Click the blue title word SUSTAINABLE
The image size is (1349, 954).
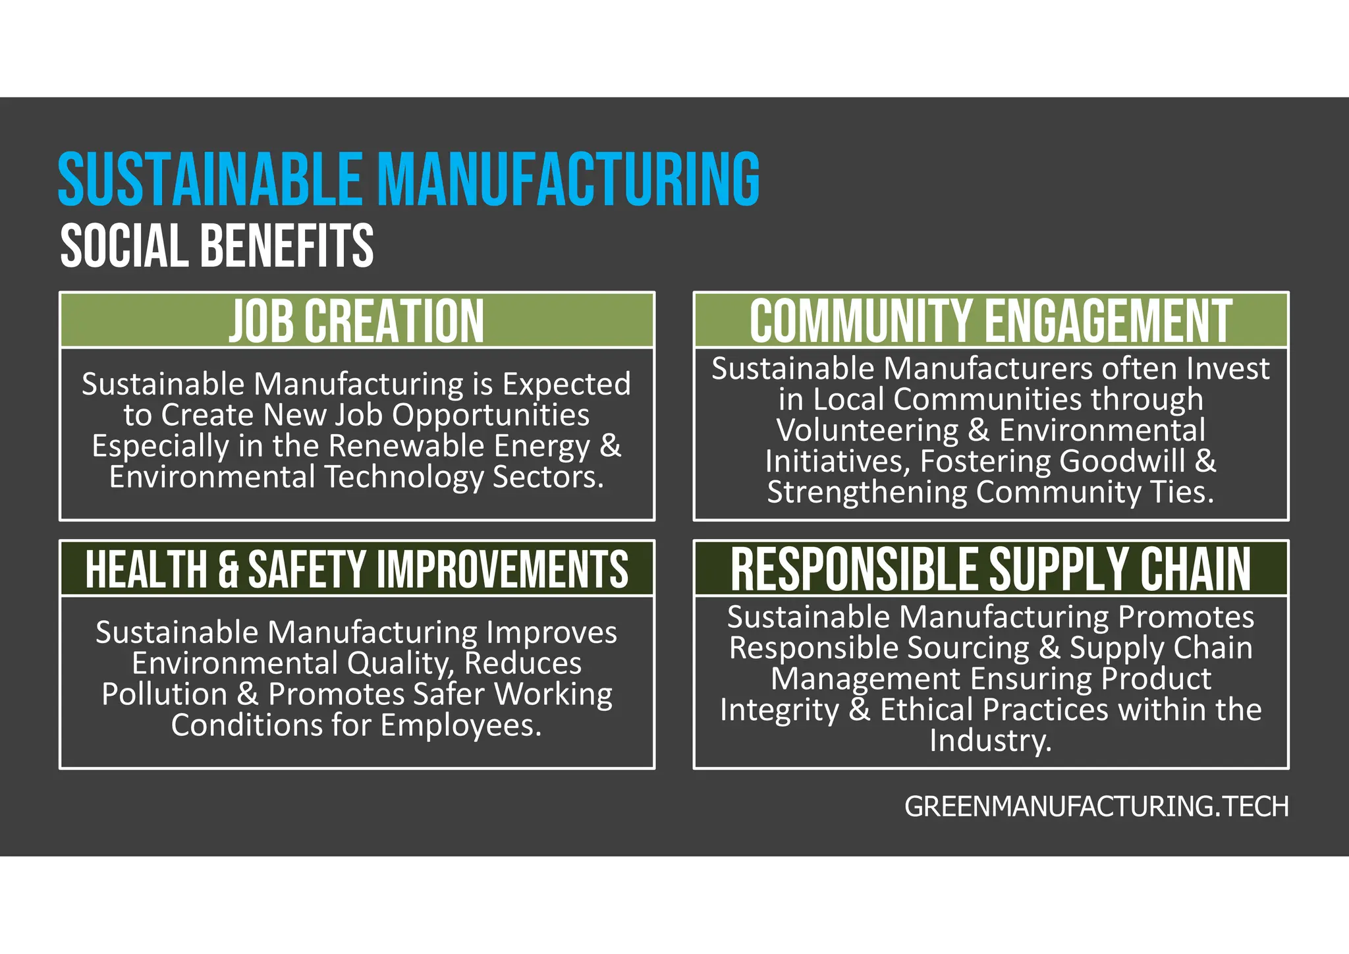pos(210,179)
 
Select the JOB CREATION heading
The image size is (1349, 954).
pos(356,321)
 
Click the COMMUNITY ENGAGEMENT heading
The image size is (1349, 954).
pos(991,321)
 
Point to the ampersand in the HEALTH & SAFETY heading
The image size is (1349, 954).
pos(228,570)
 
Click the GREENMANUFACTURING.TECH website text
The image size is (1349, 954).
pos(1096,807)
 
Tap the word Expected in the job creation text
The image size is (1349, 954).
pos(566,384)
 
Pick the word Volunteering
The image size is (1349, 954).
pos(867,430)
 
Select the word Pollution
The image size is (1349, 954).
pos(164,694)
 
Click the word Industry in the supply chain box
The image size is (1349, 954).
pos(990,741)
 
